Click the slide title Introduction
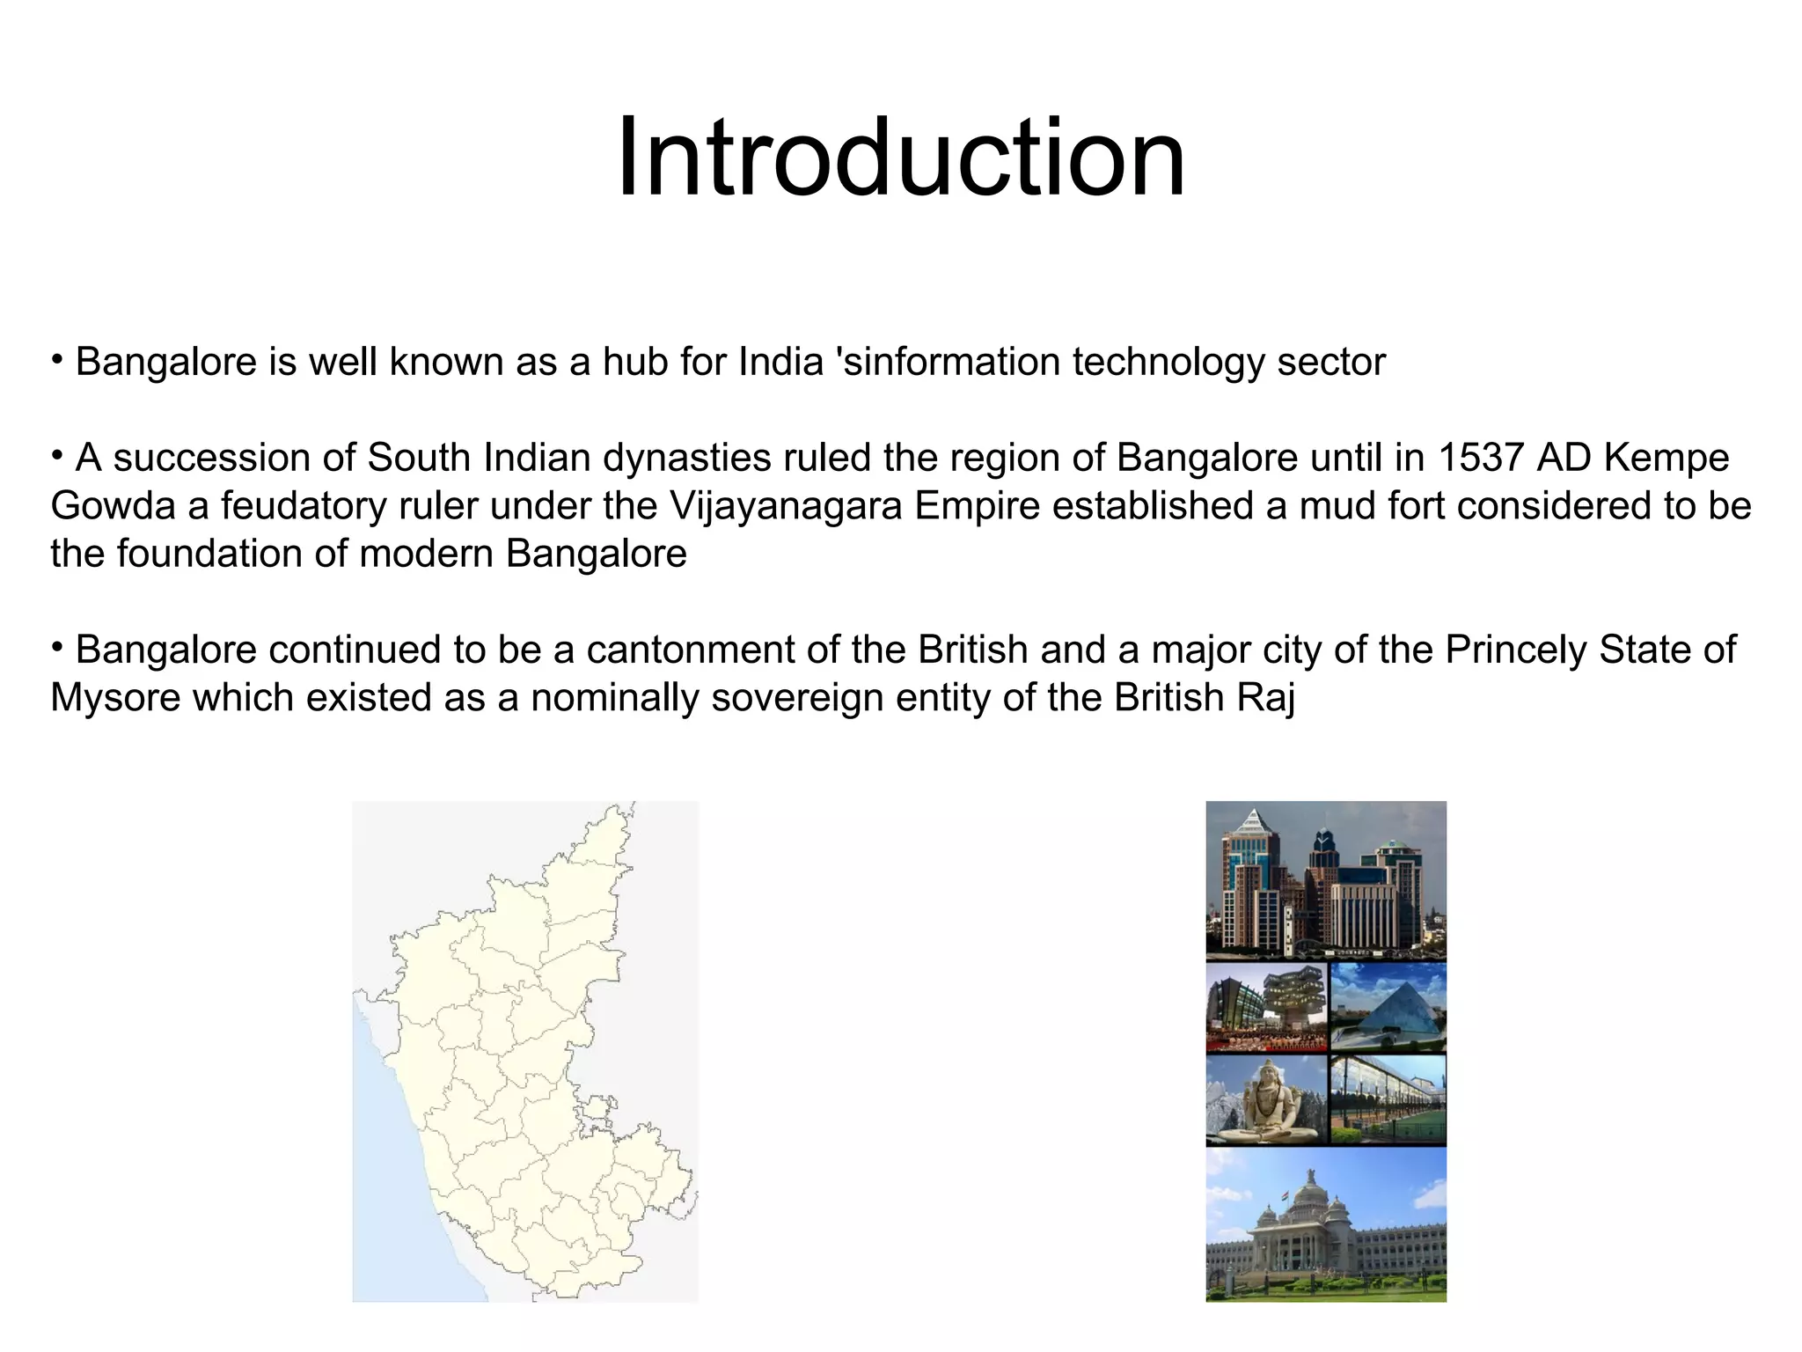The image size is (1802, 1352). click(900, 159)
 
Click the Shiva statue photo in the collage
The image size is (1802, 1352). click(1265, 1099)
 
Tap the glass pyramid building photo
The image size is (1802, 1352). click(1388, 1007)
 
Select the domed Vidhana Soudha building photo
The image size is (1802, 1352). click(1325, 1224)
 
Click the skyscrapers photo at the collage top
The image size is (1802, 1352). click(1325, 879)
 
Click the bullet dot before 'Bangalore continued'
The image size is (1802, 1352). click(56, 647)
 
